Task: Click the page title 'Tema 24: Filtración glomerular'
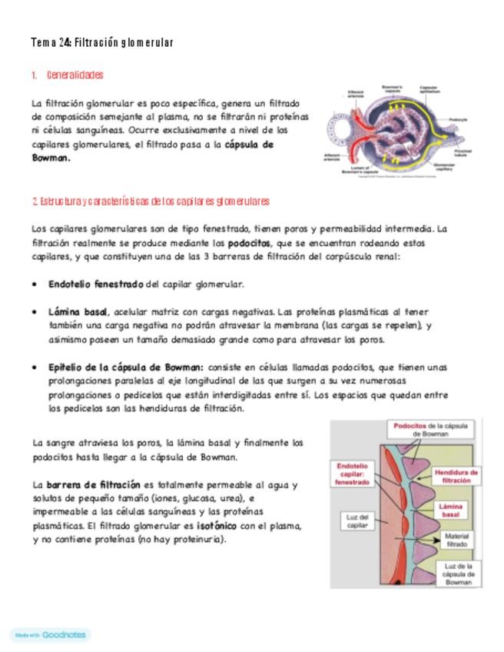click(102, 42)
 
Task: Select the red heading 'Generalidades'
click(75, 75)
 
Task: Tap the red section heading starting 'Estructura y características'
click(151, 201)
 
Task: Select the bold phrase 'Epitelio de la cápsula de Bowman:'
click(125, 368)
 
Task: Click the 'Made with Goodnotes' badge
click(50, 635)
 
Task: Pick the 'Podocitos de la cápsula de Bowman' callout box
click(433, 429)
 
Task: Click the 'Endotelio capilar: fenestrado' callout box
click(353, 474)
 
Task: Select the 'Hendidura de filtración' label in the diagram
click(456, 476)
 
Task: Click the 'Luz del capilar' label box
click(354, 521)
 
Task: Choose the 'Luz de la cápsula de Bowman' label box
click(459, 574)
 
